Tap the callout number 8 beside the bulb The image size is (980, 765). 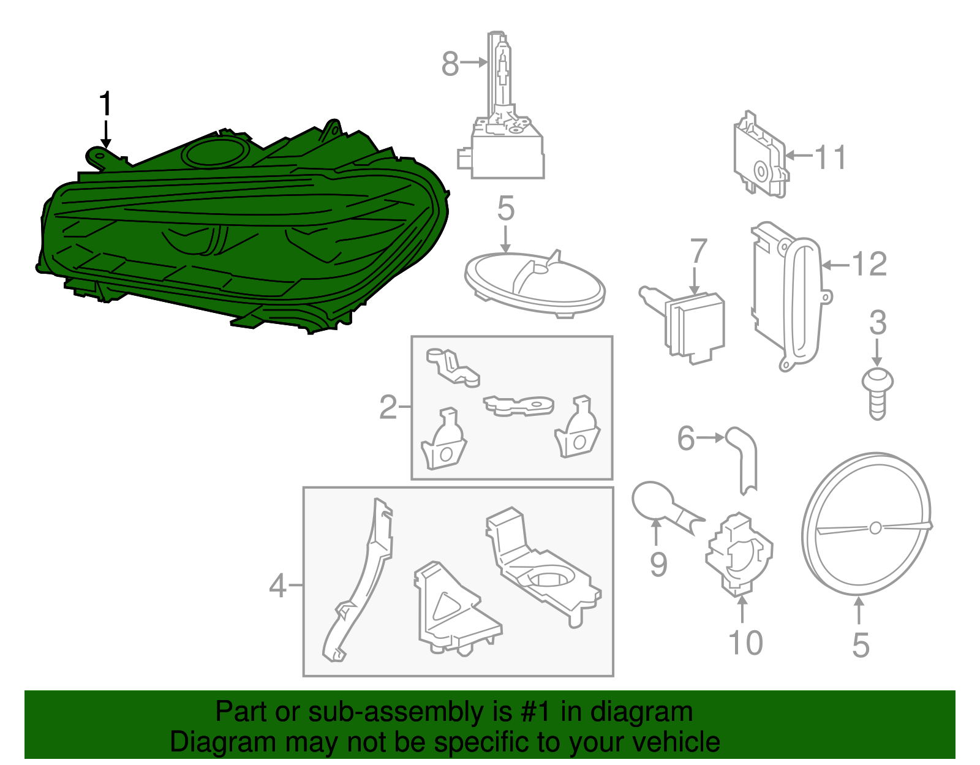point(450,64)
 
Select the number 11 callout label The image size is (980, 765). point(831,157)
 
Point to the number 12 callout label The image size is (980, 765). point(869,264)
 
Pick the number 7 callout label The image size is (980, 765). point(698,251)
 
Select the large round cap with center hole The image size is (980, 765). point(866,524)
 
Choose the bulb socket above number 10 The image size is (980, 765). point(739,554)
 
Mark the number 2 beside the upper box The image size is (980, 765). point(388,407)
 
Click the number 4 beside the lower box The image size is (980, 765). point(277,586)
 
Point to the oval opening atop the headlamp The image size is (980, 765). point(215,153)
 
